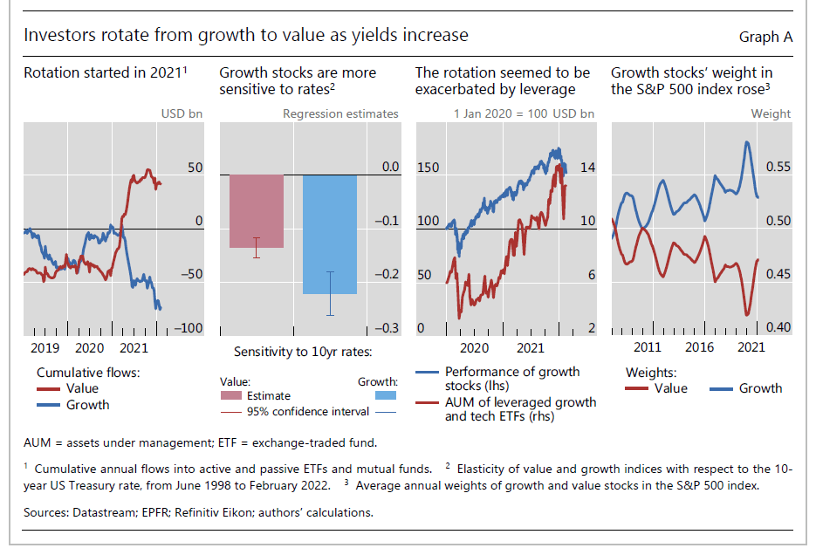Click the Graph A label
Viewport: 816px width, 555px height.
765,37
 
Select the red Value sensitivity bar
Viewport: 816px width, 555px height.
257,211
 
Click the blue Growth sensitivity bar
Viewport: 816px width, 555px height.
330,234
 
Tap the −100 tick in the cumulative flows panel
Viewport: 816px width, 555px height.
189,328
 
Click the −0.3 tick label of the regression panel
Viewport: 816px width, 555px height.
387,328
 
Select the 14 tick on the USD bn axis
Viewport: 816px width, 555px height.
587,167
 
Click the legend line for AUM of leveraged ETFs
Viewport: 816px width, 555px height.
428,402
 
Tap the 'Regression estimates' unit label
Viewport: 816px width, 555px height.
340,113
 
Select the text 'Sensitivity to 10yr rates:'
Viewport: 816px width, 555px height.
303,352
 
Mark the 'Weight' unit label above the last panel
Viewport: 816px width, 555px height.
771,113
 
